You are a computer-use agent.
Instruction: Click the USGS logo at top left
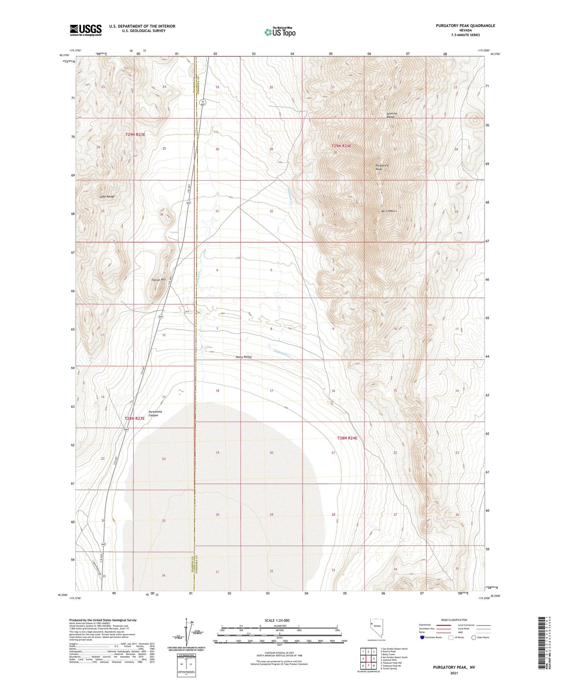pyautogui.click(x=86, y=30)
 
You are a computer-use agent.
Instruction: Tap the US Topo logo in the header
pyautogui.click(x=280, y=32)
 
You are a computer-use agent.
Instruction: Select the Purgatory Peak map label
pyautogui.click(x=381, y=167)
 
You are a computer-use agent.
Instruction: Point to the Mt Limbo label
pyautogui.click(x=388, y=211)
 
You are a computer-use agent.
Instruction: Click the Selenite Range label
pyautogui.click(x=391, y=115)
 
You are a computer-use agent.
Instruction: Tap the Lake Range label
pyautogui.click(x=107, y=196)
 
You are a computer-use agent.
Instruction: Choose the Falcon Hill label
pyautogui.click(x=158, y=280)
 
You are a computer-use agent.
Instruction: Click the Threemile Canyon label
pyautogui.click(x=155, y=413)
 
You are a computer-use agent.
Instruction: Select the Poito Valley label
pyautogui.click(x=244, y=357)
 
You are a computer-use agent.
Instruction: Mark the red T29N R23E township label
pyautogui.click(x=135, y=134)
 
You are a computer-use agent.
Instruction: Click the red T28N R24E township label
pyautogui.click(x=347, y=438)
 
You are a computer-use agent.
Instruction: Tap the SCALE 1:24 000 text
pyautogui.click(x=277, y=620)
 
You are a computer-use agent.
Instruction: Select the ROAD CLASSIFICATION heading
pyautogui.click(x=454, y=620)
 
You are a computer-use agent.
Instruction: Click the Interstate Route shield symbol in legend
pyautogui.click(x=422, y=637)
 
